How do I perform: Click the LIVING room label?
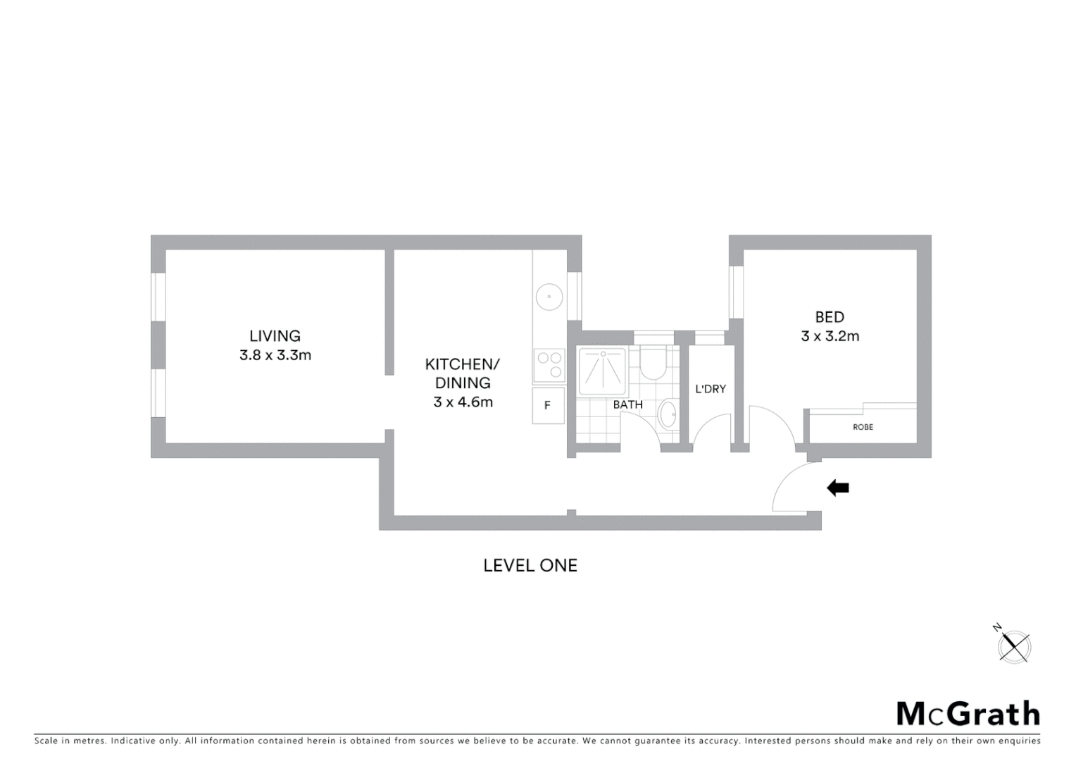pos(275,336)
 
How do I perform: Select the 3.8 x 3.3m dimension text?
pos(275,355)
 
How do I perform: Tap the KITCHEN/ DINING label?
pos(463,373)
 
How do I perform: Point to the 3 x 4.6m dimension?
pos(463,402)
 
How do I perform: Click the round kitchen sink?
pos(548,297)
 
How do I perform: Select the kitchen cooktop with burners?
pos(549,365)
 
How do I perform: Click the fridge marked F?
pos(548,406)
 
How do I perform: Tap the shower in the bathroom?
pos(602,371)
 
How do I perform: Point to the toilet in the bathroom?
pos(653,364)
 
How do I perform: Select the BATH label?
pos(627,404)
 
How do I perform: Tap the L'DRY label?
pos(710,389)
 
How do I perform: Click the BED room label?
pos(830,317)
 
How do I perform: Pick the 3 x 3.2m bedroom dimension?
pos(830,336)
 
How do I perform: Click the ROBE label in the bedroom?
pos(863,427)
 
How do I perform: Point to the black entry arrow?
pos(837,488)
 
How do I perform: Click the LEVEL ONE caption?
pos(530,565)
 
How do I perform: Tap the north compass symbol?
pos(1014,645)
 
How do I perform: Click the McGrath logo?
pos(968,714)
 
